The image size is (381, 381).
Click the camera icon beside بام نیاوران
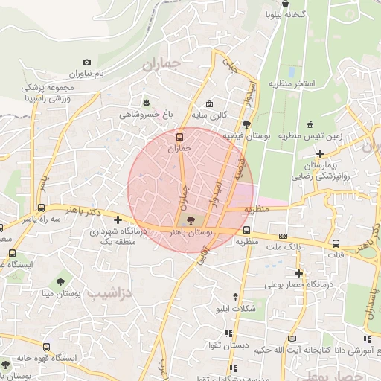click(x=87, y=63)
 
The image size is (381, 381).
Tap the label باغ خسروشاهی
click(x=147, y=115)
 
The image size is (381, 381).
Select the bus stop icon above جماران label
click(x=179, y=137)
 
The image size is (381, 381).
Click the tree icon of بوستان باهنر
click(x=189, y=220)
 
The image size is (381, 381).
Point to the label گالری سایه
click(x=211, y=115)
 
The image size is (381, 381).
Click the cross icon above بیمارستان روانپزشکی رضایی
click(x=320, y=153)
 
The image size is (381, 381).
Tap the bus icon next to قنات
click(x=336, y=243)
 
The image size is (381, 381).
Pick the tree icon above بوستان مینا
click(x=61, y=281)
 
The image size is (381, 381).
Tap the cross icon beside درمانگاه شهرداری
click(x=118, y=220)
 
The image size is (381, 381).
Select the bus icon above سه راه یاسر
click(x=41, y=208)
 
